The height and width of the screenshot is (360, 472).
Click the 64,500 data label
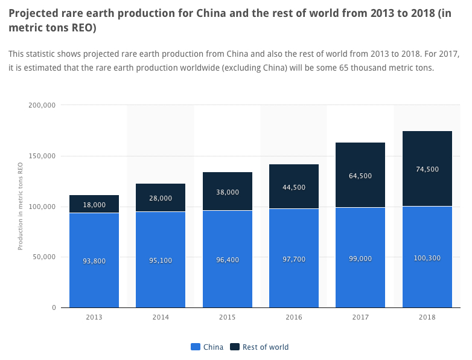click(x=360, y=176)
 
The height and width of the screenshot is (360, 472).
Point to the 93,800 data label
click(x=94, y=261)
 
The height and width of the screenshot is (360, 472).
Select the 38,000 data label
click(x=228, y=192)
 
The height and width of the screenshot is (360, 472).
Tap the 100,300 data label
click(x=427, y=258)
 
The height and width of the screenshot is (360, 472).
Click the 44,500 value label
click(x=294, y=187)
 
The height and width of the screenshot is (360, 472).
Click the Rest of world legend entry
click(x=266, y=347)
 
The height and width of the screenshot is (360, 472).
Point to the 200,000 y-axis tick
click(x=42, y=105)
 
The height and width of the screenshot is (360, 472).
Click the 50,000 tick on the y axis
click(x=44, y=257)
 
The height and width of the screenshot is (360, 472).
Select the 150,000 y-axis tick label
click(x=42, y=156)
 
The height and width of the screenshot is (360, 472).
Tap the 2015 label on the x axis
click(x=228, y=317)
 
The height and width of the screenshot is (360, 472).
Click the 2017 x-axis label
click(x=360, y=317)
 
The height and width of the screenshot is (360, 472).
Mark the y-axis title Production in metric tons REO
click(x=21, y=207)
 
